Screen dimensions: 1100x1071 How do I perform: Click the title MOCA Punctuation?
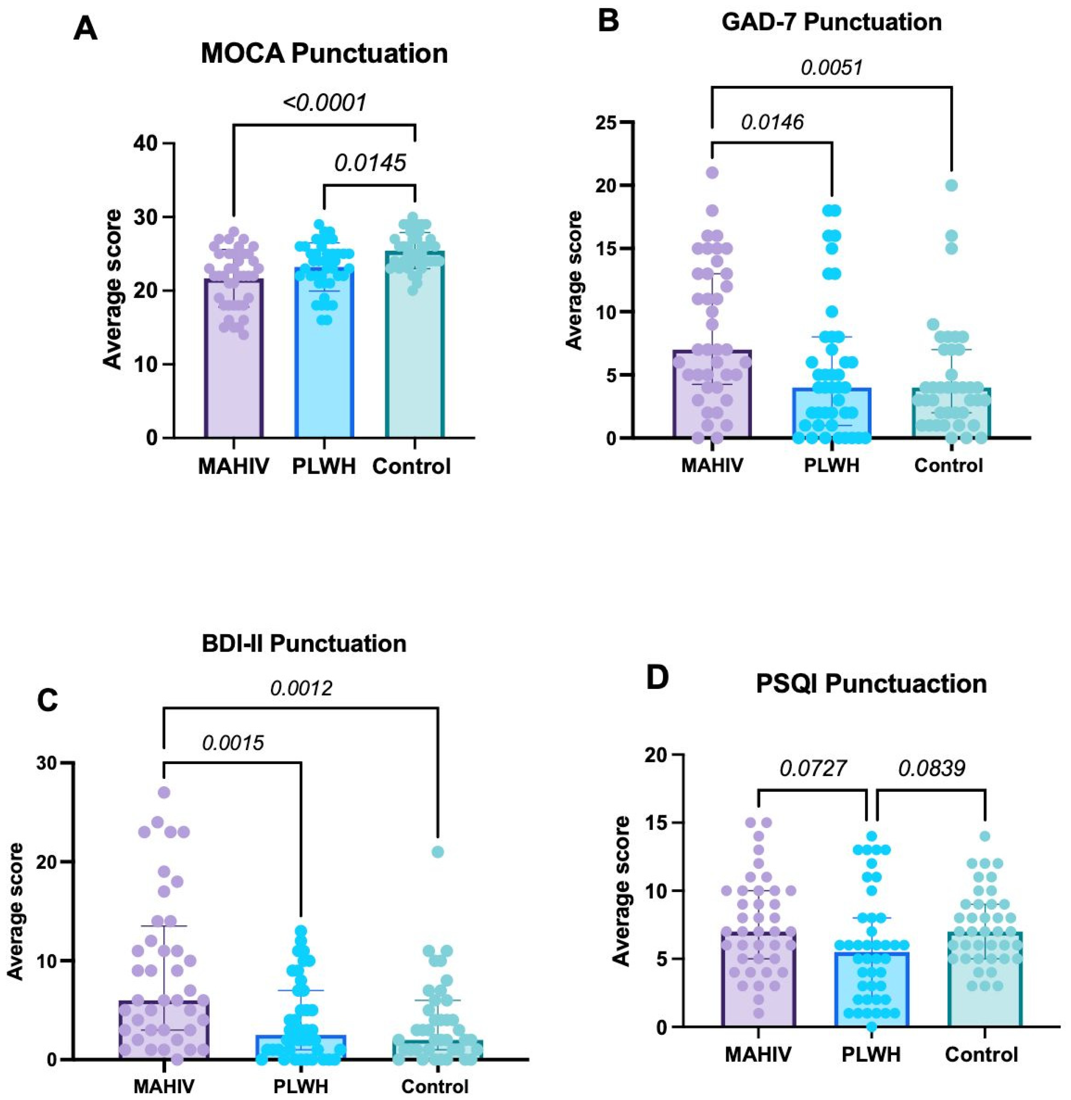tap(324, 54)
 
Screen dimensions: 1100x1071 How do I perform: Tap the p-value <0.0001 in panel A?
tap(325, 103)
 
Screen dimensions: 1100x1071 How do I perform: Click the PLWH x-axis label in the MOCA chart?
tap(324, 467)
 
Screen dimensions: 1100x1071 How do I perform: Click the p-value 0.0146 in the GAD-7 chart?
tap(772, 122)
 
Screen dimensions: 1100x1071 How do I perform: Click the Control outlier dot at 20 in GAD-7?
tap(951, 185)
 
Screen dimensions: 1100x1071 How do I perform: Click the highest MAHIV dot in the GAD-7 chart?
tap(712, 173)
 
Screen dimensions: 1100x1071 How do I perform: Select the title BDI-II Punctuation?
tap(304, 643)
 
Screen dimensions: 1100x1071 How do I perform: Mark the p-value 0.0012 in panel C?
tap(302, 687)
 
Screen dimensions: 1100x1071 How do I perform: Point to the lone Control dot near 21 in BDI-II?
tap(438, 852)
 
